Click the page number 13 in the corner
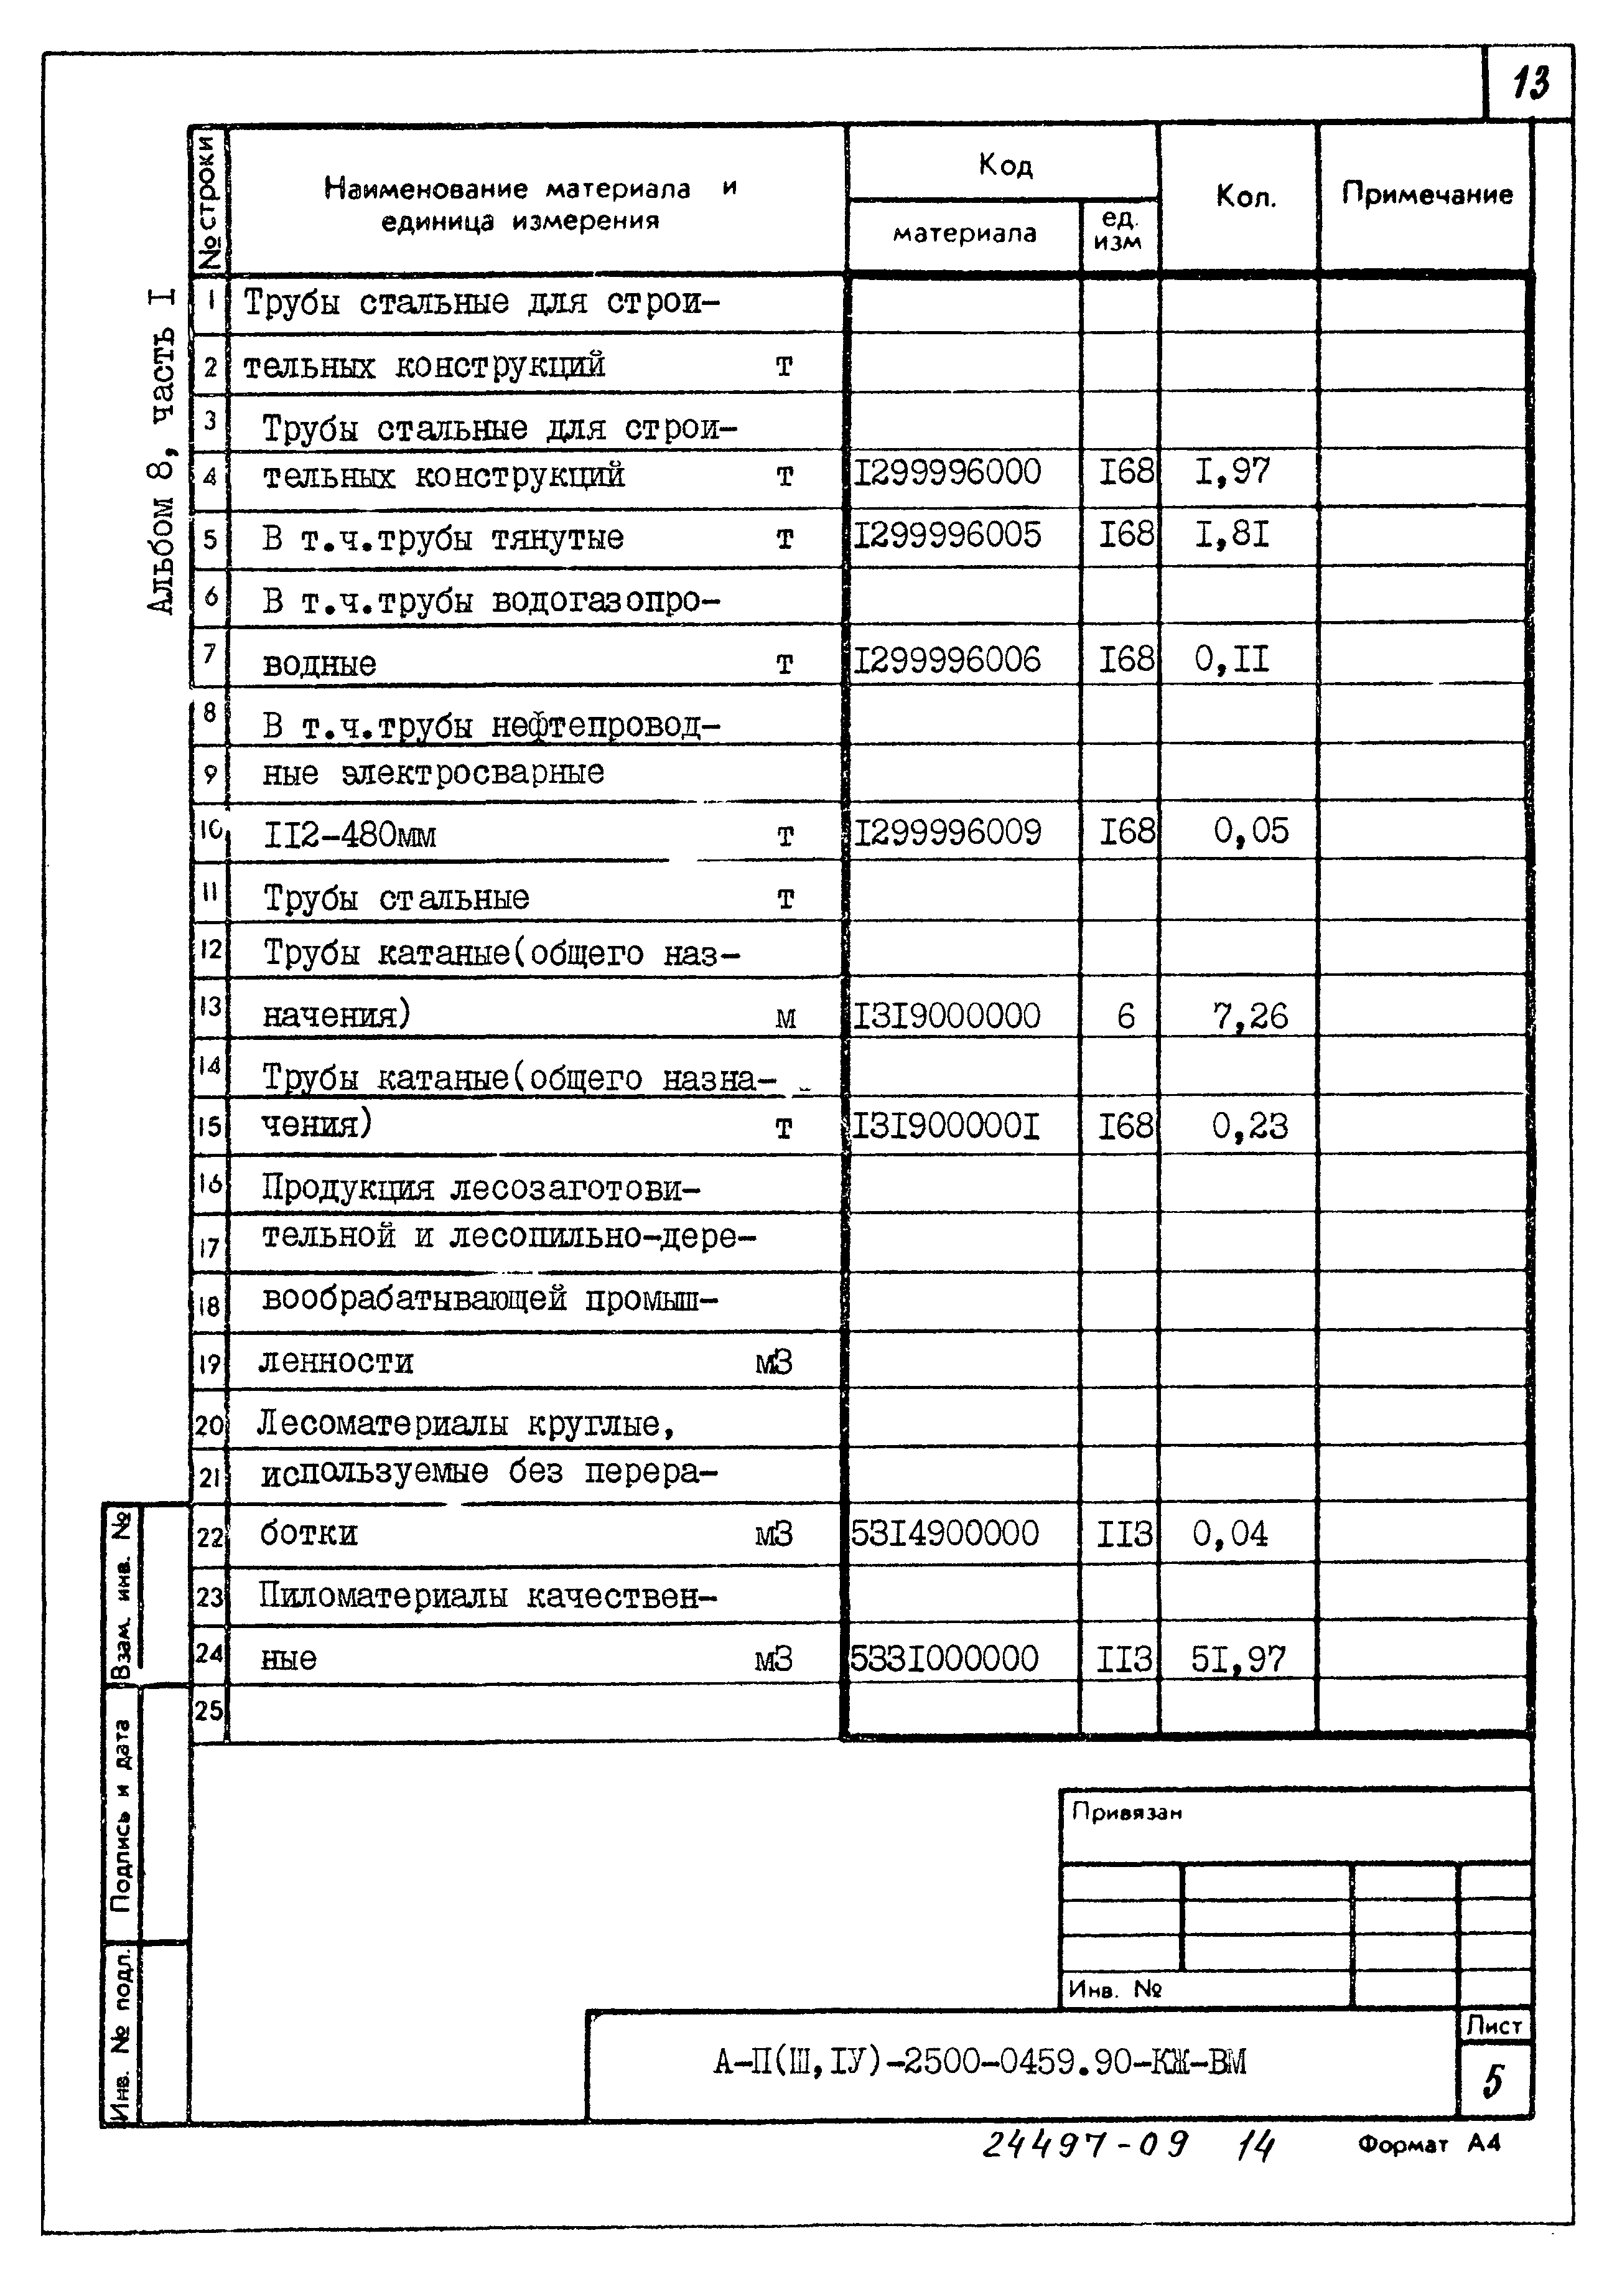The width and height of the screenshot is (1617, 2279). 1531,82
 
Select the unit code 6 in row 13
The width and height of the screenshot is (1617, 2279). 1125,1016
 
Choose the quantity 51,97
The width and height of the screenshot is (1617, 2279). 1239,1659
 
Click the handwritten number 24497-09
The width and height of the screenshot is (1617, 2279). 1084,2143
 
